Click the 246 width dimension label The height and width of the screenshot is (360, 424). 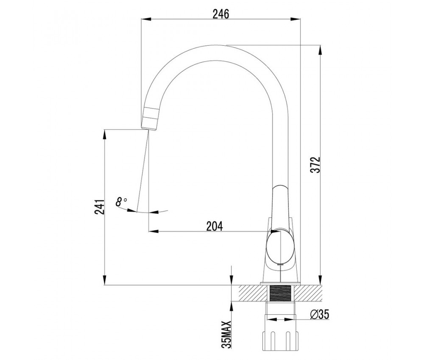[x=220, y=14]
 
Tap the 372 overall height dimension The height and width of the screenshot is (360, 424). [x=315, y=164]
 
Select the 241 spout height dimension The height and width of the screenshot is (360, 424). [x=99, y=207]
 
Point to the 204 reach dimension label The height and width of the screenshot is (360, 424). [x=215, y=226]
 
